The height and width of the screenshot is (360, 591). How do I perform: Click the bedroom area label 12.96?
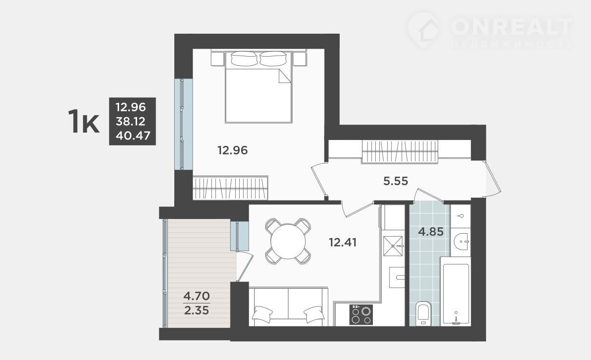coord(232,150)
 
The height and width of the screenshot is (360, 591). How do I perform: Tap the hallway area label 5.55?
coord(395,181)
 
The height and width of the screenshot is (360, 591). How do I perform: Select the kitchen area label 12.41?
coord(343,242)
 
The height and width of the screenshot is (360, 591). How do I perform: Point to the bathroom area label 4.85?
coord(430,232)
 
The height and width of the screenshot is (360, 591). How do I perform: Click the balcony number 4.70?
coord(197,296)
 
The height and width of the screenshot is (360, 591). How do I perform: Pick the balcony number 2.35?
coord(197,310)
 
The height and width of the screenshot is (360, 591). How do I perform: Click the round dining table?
coord(288,241)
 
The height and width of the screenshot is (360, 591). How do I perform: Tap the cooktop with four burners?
coord(361,314)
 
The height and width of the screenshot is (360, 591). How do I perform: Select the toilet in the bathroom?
coord(423,314)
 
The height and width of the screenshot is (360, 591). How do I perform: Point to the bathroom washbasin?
coord(461,241)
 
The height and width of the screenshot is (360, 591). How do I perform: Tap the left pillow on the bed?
coord(244,58)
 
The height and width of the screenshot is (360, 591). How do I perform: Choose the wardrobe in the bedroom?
coord(230,188)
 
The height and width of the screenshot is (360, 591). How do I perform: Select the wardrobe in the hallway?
coord(400,151)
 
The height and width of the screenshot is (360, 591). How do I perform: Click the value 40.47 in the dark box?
coord(133,136)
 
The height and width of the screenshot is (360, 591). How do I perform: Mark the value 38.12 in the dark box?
coord(131,121)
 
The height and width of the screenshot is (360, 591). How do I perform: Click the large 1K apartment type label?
coord(83,121)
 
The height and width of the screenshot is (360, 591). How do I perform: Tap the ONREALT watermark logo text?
coord(511,27)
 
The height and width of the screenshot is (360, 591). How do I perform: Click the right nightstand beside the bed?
coord(300,59)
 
